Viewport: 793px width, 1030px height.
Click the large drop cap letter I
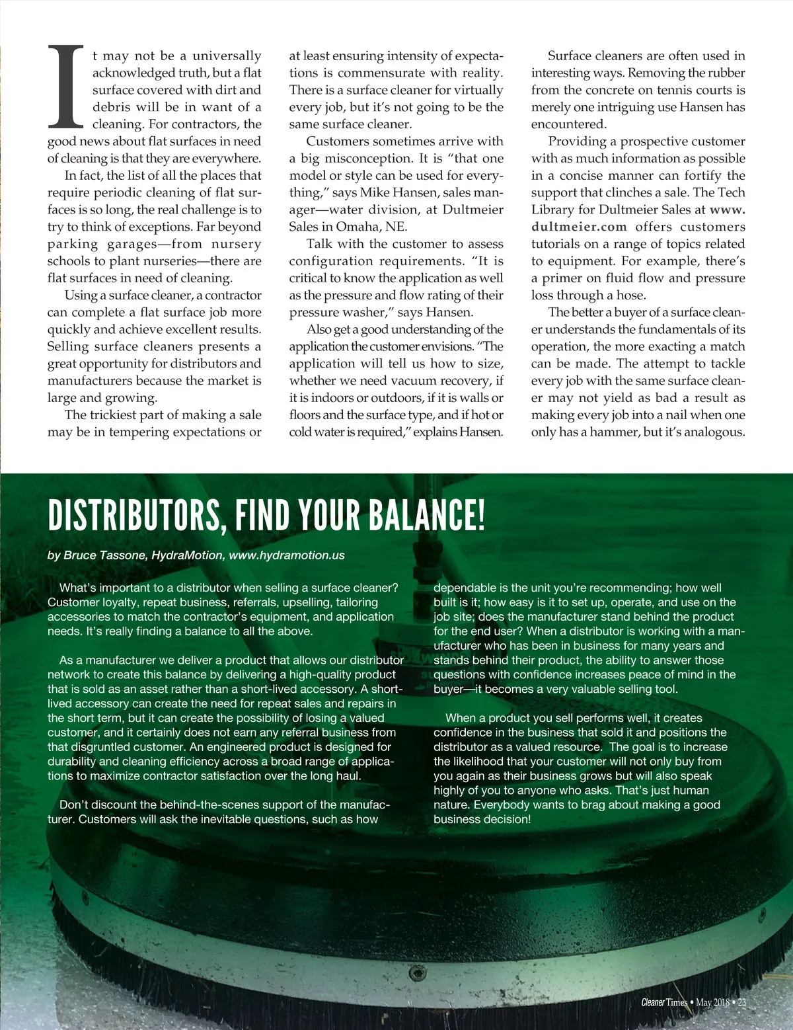(x=65, y=87)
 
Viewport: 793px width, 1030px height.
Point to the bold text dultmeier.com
(x=579, y=227)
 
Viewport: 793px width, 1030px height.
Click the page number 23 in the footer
(x=741, y=1002)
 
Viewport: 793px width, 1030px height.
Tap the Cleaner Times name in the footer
(x=663, y=1002)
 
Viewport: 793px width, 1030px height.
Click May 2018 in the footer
(x=712, y=1002)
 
